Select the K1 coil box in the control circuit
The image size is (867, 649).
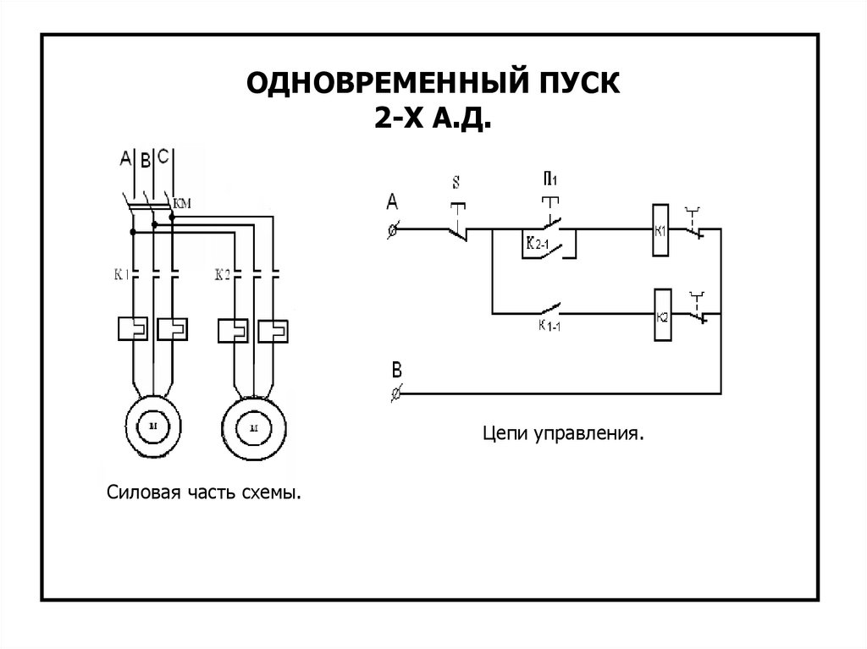[662, 230]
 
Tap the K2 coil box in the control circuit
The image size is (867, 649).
[662, 315]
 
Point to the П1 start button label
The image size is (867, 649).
[550, 179]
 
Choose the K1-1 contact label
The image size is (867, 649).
[551, 325]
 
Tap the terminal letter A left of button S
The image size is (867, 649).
[392, 201]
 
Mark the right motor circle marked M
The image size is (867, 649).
[251, 429]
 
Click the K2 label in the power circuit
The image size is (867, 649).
[223, 274]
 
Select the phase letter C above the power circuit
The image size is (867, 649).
[165, 156]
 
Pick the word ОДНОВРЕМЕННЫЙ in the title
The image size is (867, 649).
[382, 84]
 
